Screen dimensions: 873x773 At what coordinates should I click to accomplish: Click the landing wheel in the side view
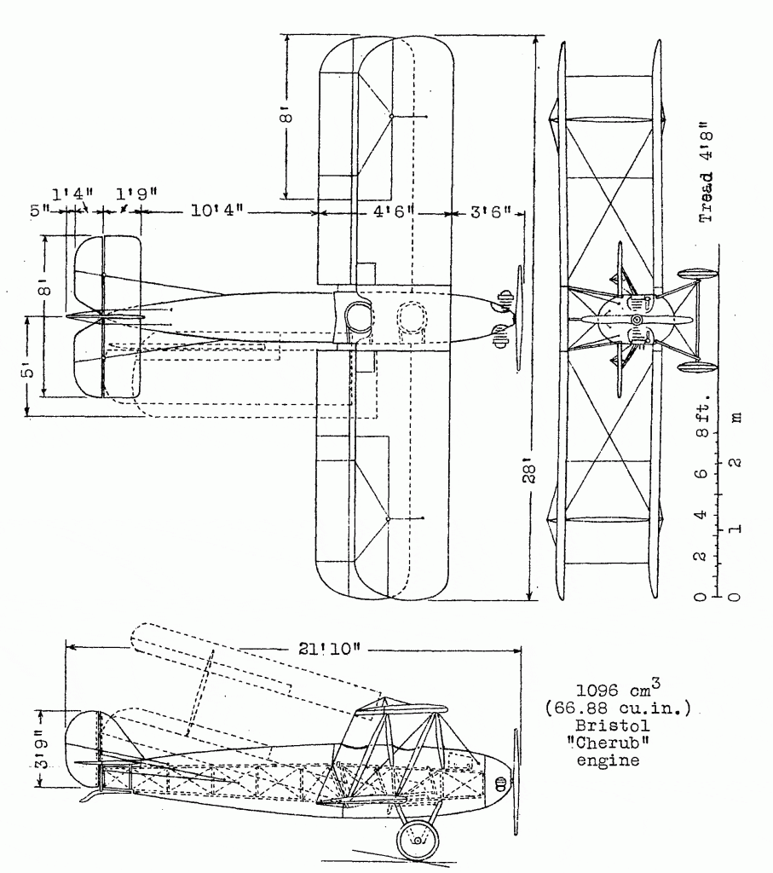click(418, 841)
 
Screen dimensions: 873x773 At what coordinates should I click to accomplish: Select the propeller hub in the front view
click(636, 320)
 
